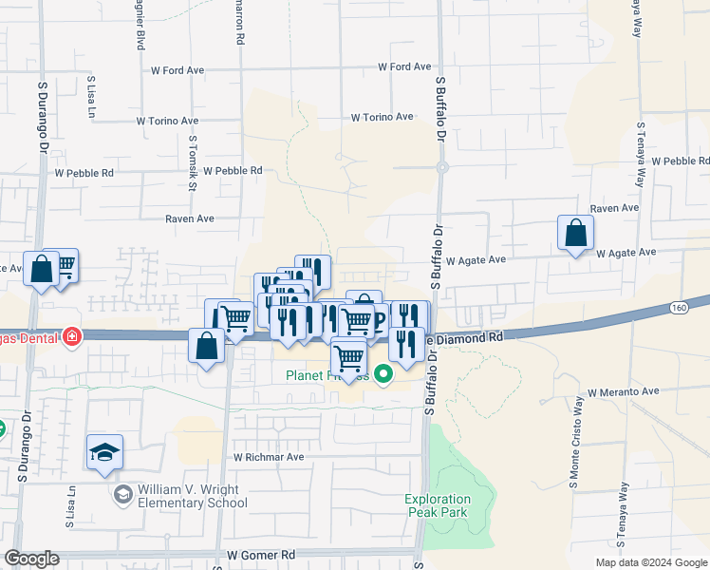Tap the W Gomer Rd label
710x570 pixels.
261,555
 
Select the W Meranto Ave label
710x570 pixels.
623,391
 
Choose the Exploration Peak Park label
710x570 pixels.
438,505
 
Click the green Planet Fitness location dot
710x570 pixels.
383,374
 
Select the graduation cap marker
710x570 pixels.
104,452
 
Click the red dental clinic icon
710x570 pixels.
71,335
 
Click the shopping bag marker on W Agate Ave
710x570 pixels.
575,233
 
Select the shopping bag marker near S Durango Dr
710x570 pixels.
42,269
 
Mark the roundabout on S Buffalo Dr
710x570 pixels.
442,167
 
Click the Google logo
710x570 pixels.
31,559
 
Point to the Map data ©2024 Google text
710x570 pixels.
650,562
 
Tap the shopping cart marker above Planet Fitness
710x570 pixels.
348,358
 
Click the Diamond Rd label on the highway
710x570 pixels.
469,337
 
